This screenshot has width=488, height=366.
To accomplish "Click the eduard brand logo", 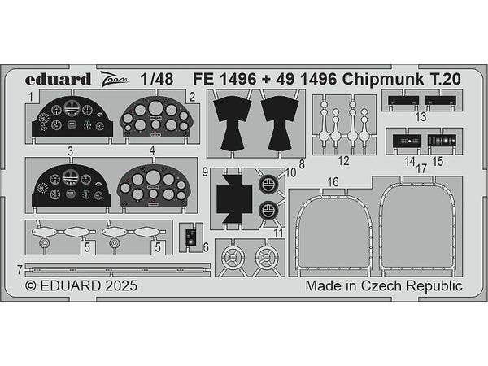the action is click(x=58, y=80).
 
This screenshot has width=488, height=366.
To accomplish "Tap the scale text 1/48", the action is click(x=156, y=80).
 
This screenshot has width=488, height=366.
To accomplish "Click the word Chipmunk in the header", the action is click(x=383, y=80).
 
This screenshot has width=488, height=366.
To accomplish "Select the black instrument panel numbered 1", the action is click(x=72, y=117).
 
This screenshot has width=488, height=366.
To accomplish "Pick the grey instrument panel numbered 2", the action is click(x=155, y=117).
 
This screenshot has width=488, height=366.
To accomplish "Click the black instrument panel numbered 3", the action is click(x=71, y=185).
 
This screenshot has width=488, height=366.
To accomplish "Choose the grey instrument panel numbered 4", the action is click(x=153, y=185).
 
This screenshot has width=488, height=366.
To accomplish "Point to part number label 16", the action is click(x=333, y=181).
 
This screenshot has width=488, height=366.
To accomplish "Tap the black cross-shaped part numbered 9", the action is click(x=234, y=198).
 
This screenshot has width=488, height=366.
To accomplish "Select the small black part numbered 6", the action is click(x=190, y=237).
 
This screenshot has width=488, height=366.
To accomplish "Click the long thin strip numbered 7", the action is click(x=118, y=269).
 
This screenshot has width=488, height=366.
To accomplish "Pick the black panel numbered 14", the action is click(x=407, y=141).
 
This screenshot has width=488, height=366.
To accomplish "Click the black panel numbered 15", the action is click(x=442, y=141).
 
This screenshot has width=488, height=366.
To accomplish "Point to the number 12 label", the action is click(x=343, y=161).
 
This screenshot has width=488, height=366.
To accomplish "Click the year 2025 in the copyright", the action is click(x=121, y=285).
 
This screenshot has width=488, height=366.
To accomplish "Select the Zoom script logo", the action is click(x=115, y=79).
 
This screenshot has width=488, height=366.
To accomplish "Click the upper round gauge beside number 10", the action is click(x=268, y=185).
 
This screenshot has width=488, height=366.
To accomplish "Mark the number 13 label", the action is click(x=420, y=117).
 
